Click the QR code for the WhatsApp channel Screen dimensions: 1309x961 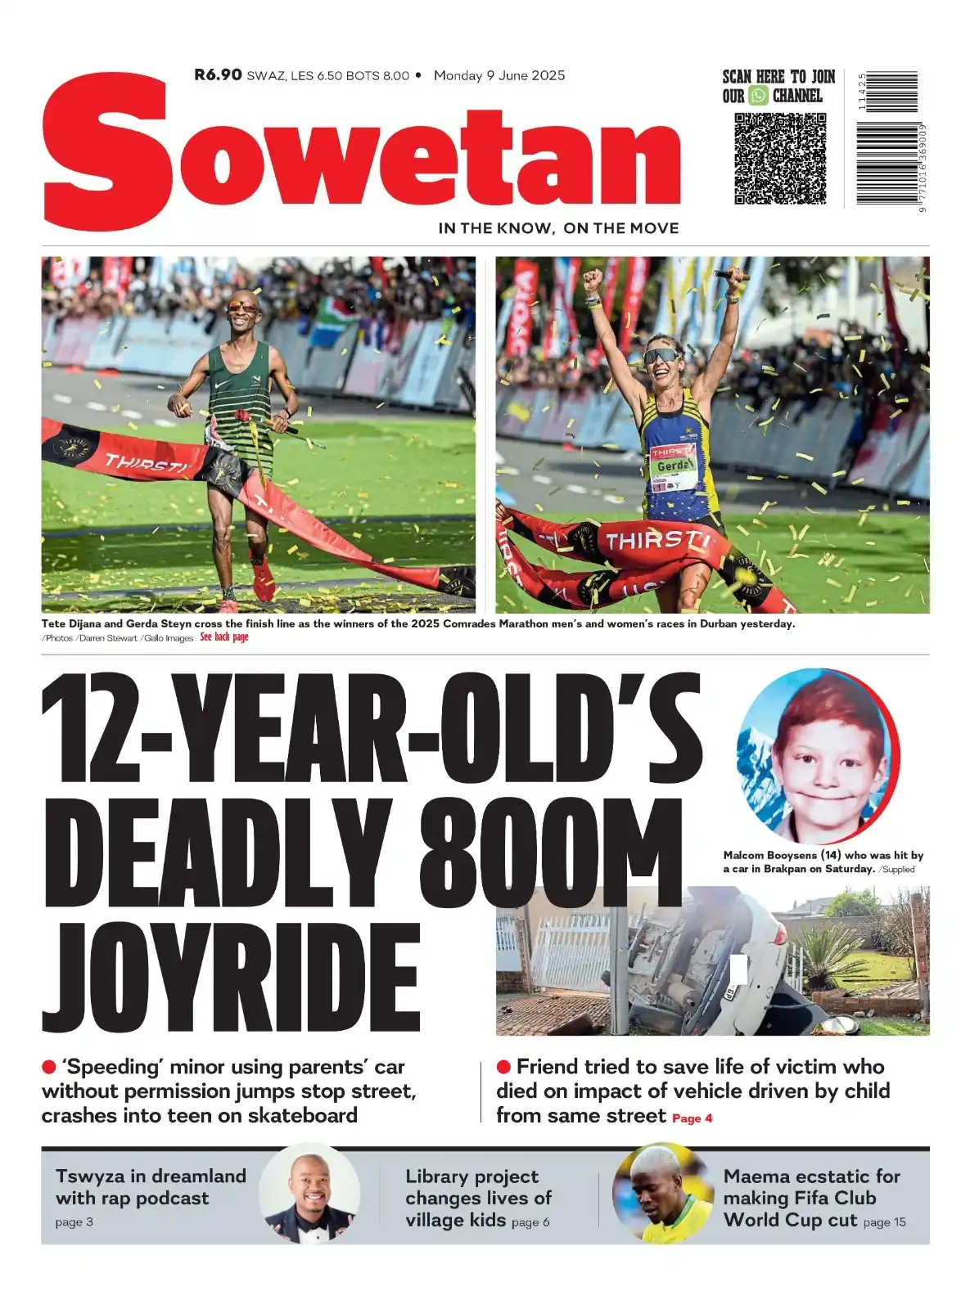780,158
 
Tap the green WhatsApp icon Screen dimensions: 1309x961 759,96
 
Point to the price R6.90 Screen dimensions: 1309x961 218,75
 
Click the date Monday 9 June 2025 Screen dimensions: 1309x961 499,75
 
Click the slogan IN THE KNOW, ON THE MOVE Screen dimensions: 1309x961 558,228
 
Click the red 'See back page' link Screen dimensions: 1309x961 224,637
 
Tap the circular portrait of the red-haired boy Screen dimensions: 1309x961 817,756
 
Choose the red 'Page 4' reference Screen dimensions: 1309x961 692,1118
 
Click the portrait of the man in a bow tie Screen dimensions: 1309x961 309,1194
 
